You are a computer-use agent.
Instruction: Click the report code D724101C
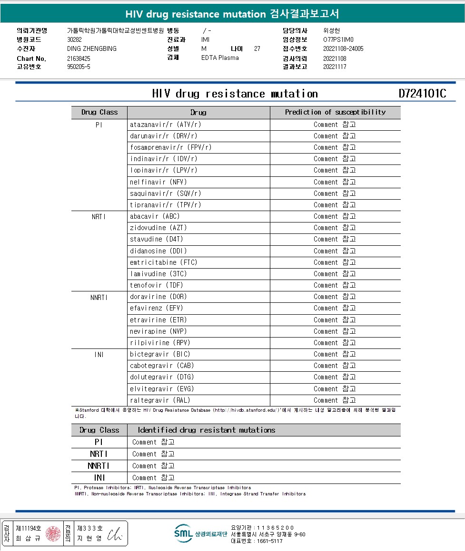click(422, 94)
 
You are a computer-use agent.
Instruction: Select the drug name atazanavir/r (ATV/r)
click(165, 125)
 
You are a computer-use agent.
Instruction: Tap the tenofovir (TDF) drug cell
click(156, 285)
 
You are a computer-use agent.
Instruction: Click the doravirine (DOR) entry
click(158, 297)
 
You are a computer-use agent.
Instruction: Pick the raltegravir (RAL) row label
click(160, 400)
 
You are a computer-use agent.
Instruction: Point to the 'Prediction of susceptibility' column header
click(335, 112)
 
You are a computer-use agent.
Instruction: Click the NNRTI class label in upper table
click(99, 298)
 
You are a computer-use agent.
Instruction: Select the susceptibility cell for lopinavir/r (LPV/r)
click(335, 170)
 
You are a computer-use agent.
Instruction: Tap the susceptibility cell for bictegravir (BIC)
click(335, 354)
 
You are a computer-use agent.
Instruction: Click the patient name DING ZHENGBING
click(92, 48)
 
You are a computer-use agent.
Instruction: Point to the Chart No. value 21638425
click(79, 58)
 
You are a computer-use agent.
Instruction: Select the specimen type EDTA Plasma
click(220, 58)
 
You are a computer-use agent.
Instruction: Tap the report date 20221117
click(335, 67)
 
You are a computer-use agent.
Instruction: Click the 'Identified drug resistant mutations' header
click(207, 430)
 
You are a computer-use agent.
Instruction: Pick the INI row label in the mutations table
click(99, 478)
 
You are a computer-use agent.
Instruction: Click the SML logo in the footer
click(183, 533)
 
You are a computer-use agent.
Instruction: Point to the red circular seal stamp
click(53, 533)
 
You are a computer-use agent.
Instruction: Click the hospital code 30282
click(75, 39)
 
